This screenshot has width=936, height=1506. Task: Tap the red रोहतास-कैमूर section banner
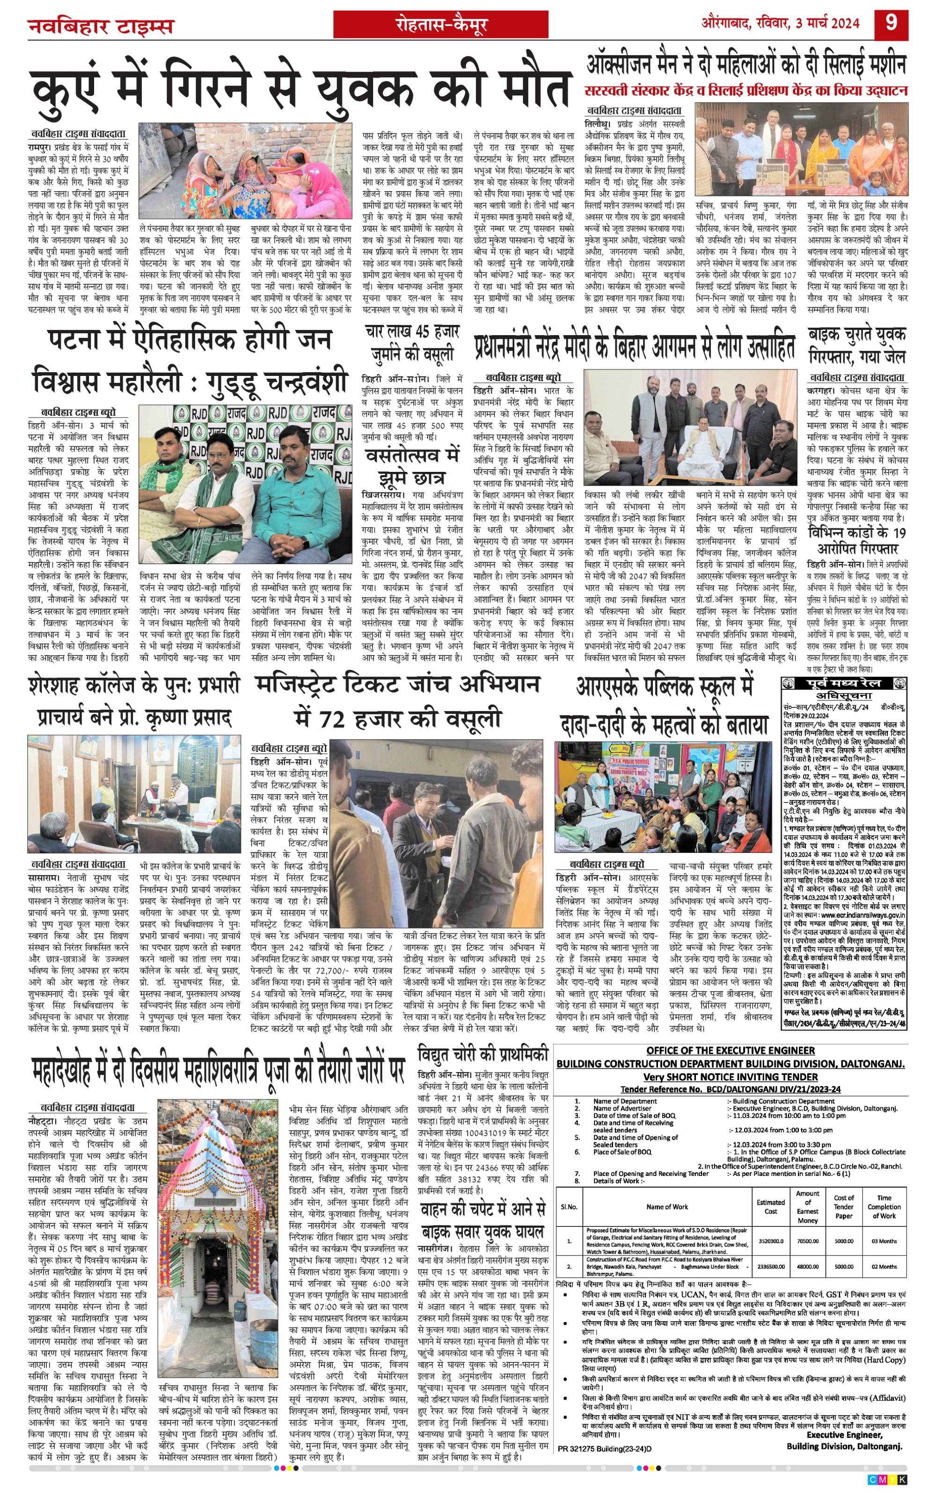[441, 25]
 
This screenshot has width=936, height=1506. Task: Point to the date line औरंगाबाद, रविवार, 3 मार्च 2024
[780, 23]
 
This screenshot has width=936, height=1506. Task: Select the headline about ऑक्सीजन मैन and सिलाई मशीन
[746, 65]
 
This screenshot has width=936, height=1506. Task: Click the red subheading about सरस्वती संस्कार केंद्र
[746, 90]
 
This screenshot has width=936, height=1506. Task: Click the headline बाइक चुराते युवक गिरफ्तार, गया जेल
[857, 345]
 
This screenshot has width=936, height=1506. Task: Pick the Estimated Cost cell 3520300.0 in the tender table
[770, 1241]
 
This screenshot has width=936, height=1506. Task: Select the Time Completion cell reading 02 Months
[884, 1266]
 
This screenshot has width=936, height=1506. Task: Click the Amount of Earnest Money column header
[807, 1207]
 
